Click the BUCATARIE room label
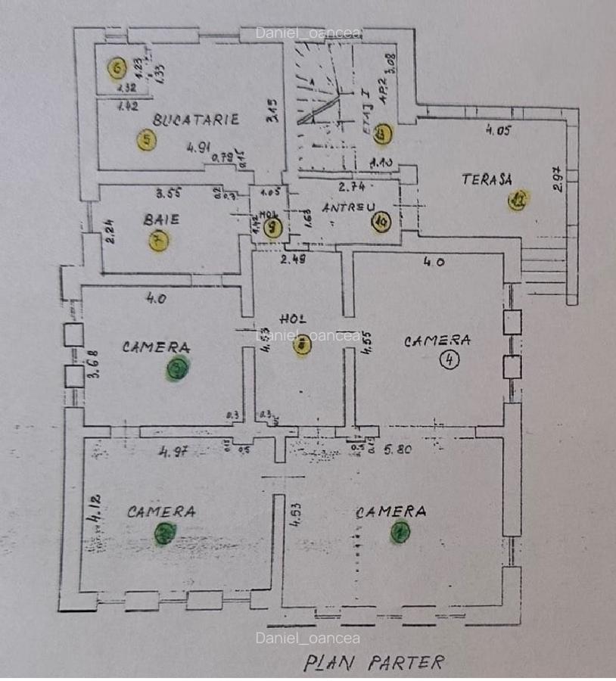point(196,119)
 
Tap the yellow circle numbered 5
point(146,140)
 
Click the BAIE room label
point(161,220)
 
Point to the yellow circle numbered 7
point(159,241)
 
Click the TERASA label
point(487,179)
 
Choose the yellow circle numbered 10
point(381,222)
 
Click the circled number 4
point(450,360)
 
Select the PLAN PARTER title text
point(373,662)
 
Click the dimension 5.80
point(398,449)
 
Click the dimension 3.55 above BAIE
point(170,191)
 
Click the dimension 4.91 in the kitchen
point(198,148)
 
